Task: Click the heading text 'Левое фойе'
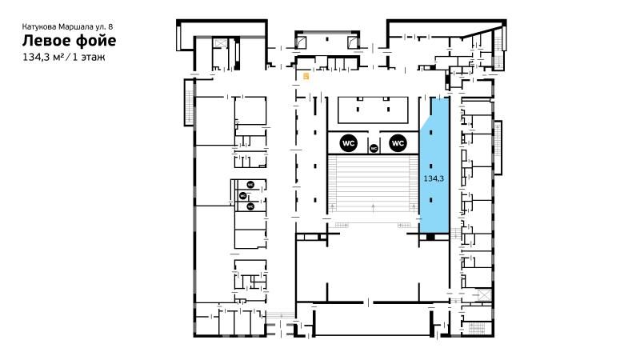pos(69,41)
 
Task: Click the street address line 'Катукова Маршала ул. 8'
pos(67,26)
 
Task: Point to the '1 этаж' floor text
pos(89,57)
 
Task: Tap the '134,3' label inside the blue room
pos(434,178)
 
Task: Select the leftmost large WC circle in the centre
pos(348,143)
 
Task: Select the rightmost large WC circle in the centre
pos(398,143)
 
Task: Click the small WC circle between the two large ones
pos(374,148)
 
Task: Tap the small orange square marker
pos(306,76)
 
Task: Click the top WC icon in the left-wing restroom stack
pos(250,185)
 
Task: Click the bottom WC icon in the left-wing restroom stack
pos(250,206)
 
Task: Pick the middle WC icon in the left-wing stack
pos(243,196)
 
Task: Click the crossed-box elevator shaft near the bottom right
pos(484,295)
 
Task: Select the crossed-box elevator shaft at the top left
pos(221,43)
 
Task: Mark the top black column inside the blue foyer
pos(431,133)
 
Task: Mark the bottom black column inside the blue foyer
pos(431,200)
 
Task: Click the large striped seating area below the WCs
pos(373,183)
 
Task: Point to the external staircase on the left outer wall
pos(189,102)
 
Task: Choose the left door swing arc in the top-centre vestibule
pos(302,42)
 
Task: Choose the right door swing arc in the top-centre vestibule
pos(352,42)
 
